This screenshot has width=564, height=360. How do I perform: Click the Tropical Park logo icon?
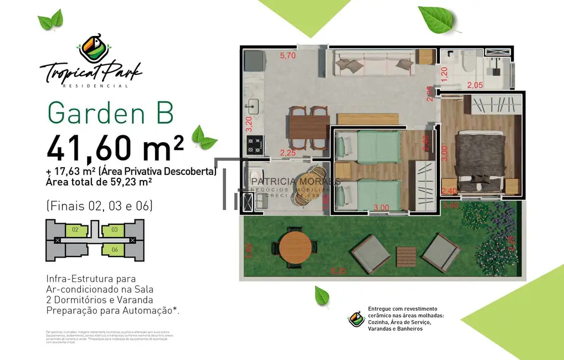pos(90,47)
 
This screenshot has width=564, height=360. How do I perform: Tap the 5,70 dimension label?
pos(288,55)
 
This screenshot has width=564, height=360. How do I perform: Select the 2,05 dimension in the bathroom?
pos(475,85)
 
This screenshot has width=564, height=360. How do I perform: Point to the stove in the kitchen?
pos(255,145)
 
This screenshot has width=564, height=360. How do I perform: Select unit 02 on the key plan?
pos(76,229)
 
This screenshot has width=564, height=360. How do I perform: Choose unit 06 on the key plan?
pos(114,250)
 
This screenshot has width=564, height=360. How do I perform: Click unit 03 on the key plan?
pos(114,229)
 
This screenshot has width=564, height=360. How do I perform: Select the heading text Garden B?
pos(111,112)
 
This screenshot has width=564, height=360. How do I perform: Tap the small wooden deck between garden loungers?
pos(406,256)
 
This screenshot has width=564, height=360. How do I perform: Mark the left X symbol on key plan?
pos(58,240)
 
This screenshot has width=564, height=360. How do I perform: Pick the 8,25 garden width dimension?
pos(339,271)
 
